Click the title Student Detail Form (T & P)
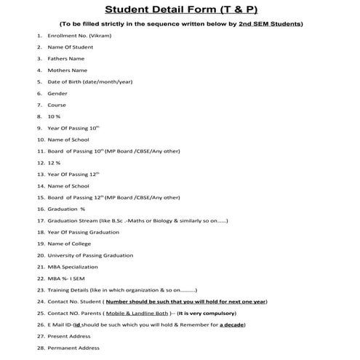tap(180, 9)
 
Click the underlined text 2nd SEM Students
tap(271, 23)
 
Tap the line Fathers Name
tap(66, 58)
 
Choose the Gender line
tap(57, 93)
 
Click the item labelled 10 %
tap(55, 116)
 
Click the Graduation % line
tap(66, 209)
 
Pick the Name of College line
tap(71, 244)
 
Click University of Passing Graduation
tap(90, 255)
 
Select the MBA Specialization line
tap(76, 267)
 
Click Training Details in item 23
tap(73, 290)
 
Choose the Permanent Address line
tap(73, 348)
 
